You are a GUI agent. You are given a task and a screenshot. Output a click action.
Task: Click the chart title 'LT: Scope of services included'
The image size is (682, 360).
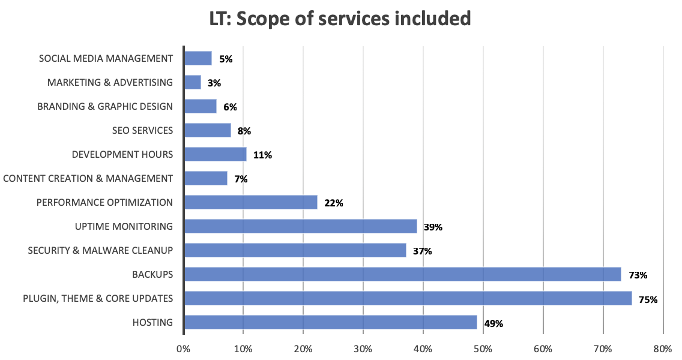click(340, 19)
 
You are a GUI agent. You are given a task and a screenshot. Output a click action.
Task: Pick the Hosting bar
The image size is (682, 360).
click(330, 322)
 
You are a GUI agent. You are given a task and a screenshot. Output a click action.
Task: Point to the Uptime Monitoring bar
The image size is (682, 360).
click(300, 226)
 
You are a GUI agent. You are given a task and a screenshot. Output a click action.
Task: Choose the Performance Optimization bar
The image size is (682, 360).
click(250, 202)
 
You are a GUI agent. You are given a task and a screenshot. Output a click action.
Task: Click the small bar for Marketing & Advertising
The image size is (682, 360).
click(193, 82)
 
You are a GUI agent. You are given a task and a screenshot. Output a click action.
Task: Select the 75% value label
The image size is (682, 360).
click(648, 299)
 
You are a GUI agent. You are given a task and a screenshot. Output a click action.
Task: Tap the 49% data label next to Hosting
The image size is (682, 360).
click(493, 323)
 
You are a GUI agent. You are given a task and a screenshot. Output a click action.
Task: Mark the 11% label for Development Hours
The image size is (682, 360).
click(262, 155)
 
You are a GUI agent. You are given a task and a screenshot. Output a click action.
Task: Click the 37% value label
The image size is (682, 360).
click(422, 251)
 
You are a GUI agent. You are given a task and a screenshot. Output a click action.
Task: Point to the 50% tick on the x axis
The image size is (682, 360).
click(483, 348)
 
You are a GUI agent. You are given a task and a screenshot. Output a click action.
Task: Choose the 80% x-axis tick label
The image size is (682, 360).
click(663, 348)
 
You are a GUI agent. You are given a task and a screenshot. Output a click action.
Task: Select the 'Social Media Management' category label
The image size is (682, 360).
click(106, 58)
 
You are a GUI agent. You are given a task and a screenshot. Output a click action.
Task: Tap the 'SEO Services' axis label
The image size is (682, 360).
click(142, 130)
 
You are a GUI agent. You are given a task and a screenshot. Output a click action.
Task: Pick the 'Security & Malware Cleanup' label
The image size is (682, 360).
click(100, 250)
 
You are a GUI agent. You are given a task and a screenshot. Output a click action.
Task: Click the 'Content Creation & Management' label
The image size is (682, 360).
click(88, 178)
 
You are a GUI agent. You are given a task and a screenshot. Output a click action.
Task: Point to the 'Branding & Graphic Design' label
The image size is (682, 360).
click(105, 106)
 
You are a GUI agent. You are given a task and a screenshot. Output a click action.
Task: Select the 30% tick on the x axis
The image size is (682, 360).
click(363, 348)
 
